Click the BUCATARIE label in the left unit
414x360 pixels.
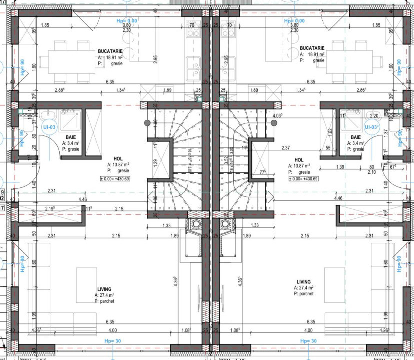(x=109, y=51)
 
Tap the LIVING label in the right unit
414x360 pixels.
(x=303, y=282)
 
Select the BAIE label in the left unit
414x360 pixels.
(x=71, y=137)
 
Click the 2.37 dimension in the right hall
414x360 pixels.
(x=286, y=147)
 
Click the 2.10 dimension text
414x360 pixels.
(x=371, y=172)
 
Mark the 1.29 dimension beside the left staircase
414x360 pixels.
(x=155, y=163)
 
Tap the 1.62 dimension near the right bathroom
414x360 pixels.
(x=330, y=133)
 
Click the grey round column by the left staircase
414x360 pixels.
(x=147, y=123)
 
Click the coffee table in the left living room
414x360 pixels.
(x=83, y=285)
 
